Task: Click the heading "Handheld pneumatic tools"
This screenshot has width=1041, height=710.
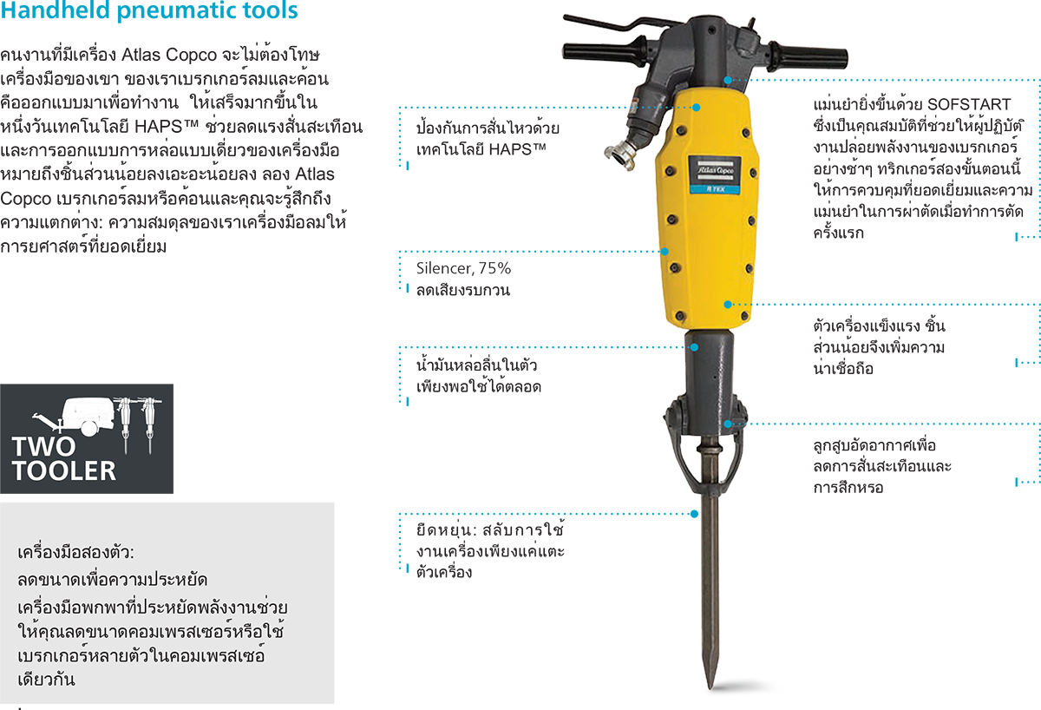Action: pyautogui.click(x=148, y=10)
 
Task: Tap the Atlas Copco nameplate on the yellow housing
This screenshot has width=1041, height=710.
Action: pyautogui.click(x=715, y=174)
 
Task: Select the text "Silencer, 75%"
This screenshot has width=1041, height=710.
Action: pyautogui.click(x=463, y=268)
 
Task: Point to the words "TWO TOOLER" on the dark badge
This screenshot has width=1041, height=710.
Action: pyautogui.click(x=64, y=458)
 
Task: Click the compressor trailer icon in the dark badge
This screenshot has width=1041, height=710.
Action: pyautogui.click(x=75, y=416)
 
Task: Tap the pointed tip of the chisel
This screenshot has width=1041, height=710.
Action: pyautogui.click(x=710, y=687)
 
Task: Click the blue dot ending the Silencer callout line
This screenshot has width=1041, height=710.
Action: pyautogui.click(x=665, y=252)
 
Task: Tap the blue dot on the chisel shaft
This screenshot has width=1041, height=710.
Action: pyautogui.click(x=694, y=514)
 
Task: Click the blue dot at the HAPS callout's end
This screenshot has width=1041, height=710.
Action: pyautogui.click(x=696, y=108)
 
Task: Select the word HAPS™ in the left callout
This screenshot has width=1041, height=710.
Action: pyautogui.click(x=517, y=149)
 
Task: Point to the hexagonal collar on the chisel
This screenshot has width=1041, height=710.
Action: pyautogui.click(x=710, y=448)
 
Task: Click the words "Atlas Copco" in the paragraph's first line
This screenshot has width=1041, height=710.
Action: pyautogui.click(x=169, y=55)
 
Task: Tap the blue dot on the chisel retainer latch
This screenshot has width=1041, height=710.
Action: pyautogui.click(x=728, y=424)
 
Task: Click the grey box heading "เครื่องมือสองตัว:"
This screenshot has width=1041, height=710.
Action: pyautogui.click(x=75, y=552)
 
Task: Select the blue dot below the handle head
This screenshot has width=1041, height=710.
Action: pyautogui.click(x=728, y=80)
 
